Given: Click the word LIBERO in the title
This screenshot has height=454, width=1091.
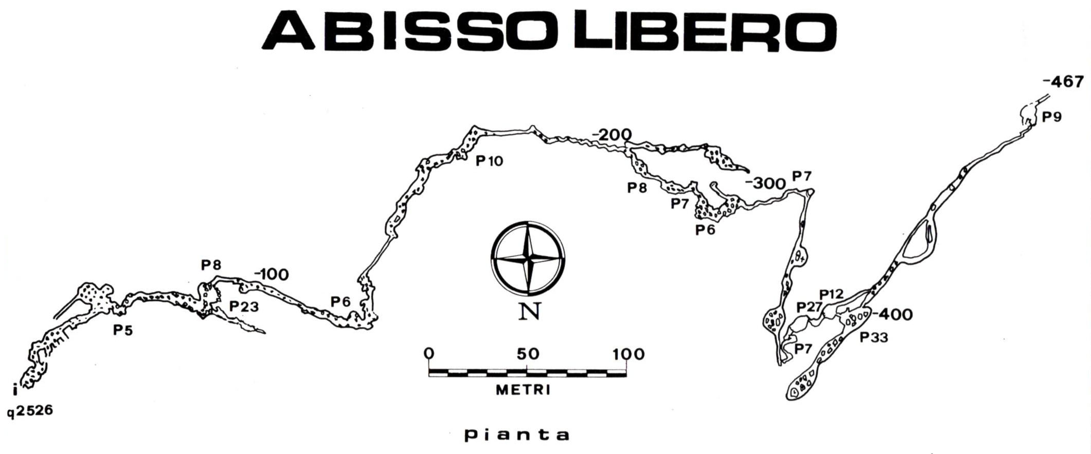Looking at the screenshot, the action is pos(705,31).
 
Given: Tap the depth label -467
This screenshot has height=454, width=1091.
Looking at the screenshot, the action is pos(1063,82).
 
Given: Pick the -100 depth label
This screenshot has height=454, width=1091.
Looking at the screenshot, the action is pos(271,275).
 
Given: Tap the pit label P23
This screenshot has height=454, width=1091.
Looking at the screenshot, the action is pos(244,306).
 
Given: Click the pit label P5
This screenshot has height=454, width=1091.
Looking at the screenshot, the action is pos(123,330).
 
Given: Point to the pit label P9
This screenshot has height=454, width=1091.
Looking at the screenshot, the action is pos(1052,117).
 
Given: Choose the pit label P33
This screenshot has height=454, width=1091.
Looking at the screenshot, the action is pos(874,337).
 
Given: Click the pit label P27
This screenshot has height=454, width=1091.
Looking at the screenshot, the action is pos(809,307).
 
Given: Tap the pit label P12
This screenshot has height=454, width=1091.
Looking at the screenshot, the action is pos(832,294).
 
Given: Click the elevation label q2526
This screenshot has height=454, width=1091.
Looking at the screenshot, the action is pos(30,411).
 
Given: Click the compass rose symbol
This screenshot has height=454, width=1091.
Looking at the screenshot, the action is pos(528,257).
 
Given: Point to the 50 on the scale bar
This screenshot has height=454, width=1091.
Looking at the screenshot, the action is pos(528,354).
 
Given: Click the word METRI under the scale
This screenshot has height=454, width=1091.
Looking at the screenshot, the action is pos(523,390).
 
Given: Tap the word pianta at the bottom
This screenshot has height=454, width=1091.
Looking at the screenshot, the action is pos(517,435).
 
